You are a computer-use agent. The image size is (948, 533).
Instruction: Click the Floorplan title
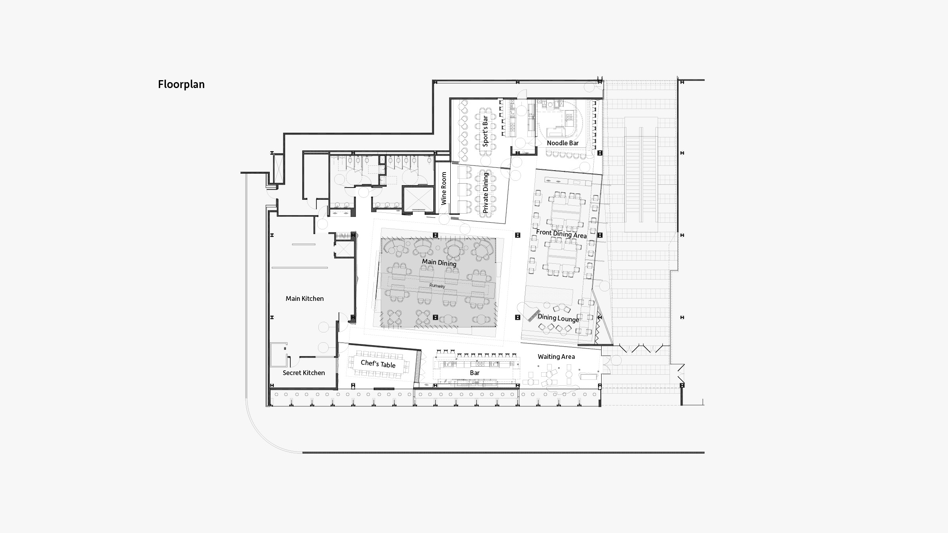click(x=181, y=84)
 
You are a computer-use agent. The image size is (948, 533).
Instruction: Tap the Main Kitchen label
click(x=305, y=298)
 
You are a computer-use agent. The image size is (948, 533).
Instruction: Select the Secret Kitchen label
click(x=304, y=373)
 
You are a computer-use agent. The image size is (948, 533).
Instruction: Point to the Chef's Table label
click(x=378, y=364)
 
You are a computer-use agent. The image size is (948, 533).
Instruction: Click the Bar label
click(x=474, y=373)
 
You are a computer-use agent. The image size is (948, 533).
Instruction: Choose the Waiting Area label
click(x=556, y=357)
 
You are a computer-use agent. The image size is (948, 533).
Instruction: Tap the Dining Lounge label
click(x=558, y=318)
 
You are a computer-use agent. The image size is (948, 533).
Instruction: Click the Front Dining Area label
click(x=561, y=234)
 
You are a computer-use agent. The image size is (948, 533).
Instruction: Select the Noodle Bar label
click(x=562, y=143)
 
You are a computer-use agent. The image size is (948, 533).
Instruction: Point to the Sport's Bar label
click(x=485, y=131)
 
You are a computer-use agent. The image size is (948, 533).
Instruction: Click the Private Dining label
click(x=485, y=193)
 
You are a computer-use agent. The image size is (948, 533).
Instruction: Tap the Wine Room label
click(x=444, y=188)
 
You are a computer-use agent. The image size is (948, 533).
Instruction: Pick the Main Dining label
click(x=439, y=263)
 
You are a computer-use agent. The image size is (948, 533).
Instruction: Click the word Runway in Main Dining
click(x=437, y=285)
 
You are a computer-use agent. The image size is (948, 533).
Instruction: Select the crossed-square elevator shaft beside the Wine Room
click(x=418, y=199)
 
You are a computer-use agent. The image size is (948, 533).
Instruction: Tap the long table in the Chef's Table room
click(x=378, y=364)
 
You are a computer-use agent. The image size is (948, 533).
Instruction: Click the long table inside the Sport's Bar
click(x=485, y=131)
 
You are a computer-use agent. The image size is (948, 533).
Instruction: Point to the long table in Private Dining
click(x=485, y=193)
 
